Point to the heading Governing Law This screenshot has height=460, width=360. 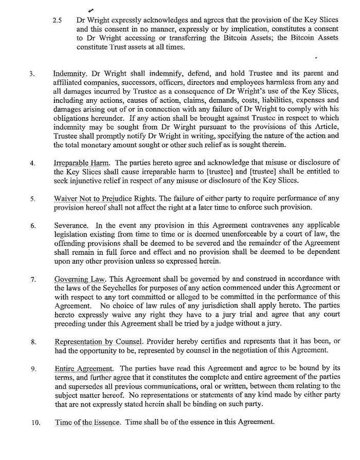click(x=72, y=280)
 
